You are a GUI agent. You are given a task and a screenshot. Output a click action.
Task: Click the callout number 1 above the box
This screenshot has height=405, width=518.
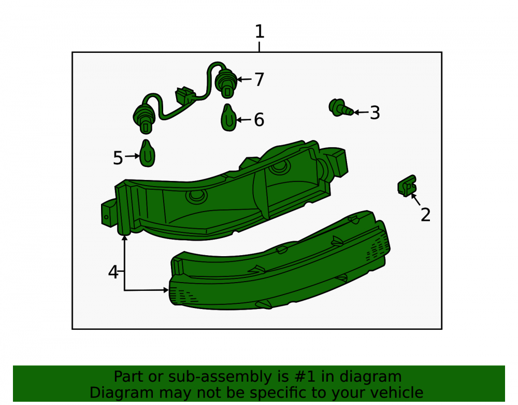[x=260, y=32]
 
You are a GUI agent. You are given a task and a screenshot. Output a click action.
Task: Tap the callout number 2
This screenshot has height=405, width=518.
[x=425, y=215]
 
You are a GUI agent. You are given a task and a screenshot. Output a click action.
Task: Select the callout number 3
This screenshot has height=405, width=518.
[x=375, y=113]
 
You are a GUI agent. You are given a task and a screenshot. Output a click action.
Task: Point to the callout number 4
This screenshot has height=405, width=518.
[x=113, y=272]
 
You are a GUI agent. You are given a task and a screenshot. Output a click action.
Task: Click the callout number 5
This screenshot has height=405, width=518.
[x=118, y=158]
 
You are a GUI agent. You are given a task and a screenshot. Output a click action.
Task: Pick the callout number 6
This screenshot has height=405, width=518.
[x=259, y=120]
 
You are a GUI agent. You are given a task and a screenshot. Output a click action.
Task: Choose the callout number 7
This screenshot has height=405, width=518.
[x=260, y=80]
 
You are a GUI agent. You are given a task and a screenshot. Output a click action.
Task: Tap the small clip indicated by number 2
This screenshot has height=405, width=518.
[x=407, y=186]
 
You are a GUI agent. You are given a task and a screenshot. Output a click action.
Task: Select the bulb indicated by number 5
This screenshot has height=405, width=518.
[x=147, y=153]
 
